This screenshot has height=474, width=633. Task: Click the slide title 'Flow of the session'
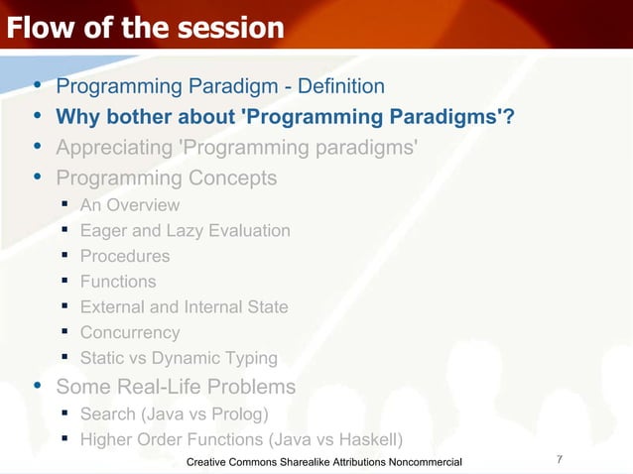(x=145, y=28)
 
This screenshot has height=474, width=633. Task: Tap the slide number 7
(x=561, y=459)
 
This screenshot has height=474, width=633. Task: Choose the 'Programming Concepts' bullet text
(x=166, y=178)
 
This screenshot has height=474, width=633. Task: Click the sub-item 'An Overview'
(x=130, y=205)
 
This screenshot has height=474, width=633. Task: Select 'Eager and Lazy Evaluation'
(x=185, y=231)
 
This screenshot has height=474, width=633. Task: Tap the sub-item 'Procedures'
(x=125, y=256)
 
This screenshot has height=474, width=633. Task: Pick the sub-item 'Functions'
(x=118, y=282)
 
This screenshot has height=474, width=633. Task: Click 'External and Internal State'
(x=184, y=307)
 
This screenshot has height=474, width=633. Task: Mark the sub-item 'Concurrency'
(x=130, y=333)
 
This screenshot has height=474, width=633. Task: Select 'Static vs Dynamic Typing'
(x=179, y=359)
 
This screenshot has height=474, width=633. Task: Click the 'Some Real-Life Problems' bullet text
(x=176, y=386)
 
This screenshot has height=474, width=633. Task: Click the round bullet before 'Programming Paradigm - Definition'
(x=37, y=88)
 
